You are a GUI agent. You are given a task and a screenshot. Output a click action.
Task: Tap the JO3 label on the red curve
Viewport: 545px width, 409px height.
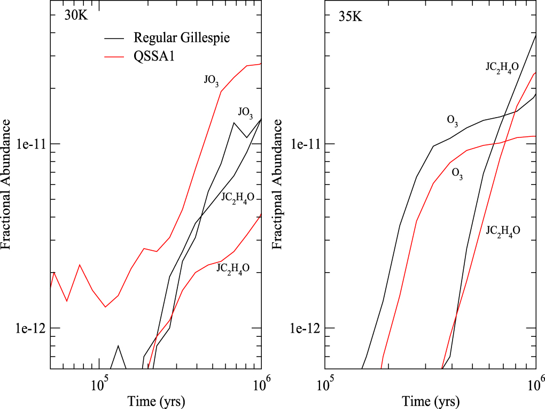[x=211, y=80]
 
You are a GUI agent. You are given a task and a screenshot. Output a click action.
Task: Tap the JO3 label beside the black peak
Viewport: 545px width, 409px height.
[x=245, y=112]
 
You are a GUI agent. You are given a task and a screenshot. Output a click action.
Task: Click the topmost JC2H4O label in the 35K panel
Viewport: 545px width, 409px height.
[x=502, y=67]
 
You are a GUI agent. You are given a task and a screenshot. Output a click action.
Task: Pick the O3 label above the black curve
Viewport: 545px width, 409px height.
[x=452, y=120]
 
